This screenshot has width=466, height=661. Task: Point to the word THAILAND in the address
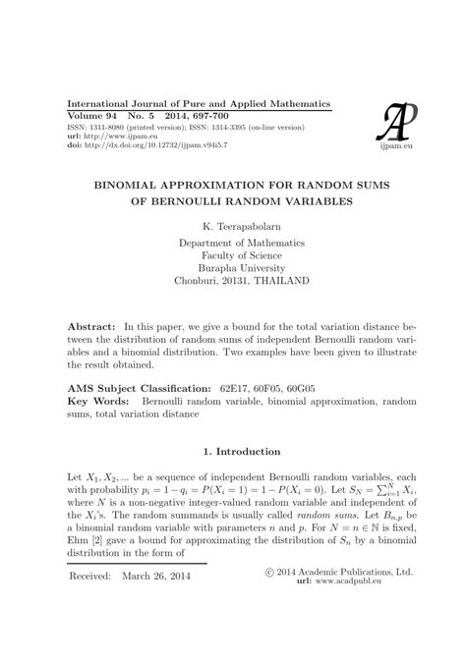click(x=278, y=280)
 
